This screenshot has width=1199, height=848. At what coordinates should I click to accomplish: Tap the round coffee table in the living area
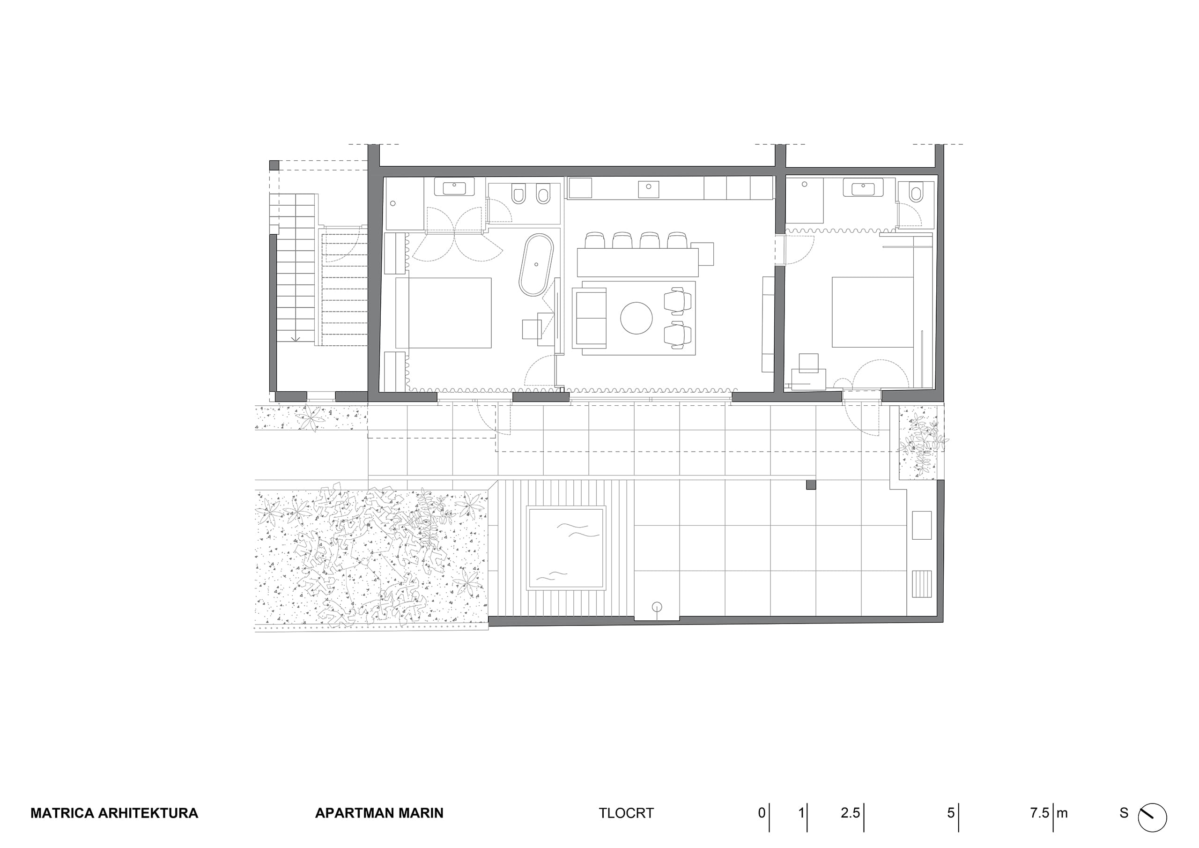click(x=636, y=318)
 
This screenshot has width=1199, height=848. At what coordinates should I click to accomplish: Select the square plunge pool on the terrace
click(x=567, y=548)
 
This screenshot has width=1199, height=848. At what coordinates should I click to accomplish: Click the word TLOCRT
click(x=626, y=813)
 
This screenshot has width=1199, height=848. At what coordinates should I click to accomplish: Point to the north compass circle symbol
click(x=1152, y=818)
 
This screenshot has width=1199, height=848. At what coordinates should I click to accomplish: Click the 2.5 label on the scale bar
click(x=850, y=813)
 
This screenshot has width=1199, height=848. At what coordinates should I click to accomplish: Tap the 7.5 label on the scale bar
click(x=1039, y=813)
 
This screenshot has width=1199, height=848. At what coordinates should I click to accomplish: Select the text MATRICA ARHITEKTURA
click(x=114, y=813)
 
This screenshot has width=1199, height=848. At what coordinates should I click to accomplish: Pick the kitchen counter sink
click(x=649, y=189)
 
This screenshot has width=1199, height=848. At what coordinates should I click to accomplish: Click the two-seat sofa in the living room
click(x=590, y=318)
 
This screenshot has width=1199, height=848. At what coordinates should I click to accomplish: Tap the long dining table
click(x=637, y=263)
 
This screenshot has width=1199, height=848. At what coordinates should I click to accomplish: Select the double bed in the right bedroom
click(x=873, y=312)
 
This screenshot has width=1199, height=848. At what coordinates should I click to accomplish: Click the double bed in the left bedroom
click(x=444, y=313)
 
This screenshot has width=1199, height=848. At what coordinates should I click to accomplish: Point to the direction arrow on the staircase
click(x=296, y=336)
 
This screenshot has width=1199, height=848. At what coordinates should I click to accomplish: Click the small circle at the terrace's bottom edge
click(x=657, y=607)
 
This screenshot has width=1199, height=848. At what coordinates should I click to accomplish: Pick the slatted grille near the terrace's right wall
click(x=922, y=584)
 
